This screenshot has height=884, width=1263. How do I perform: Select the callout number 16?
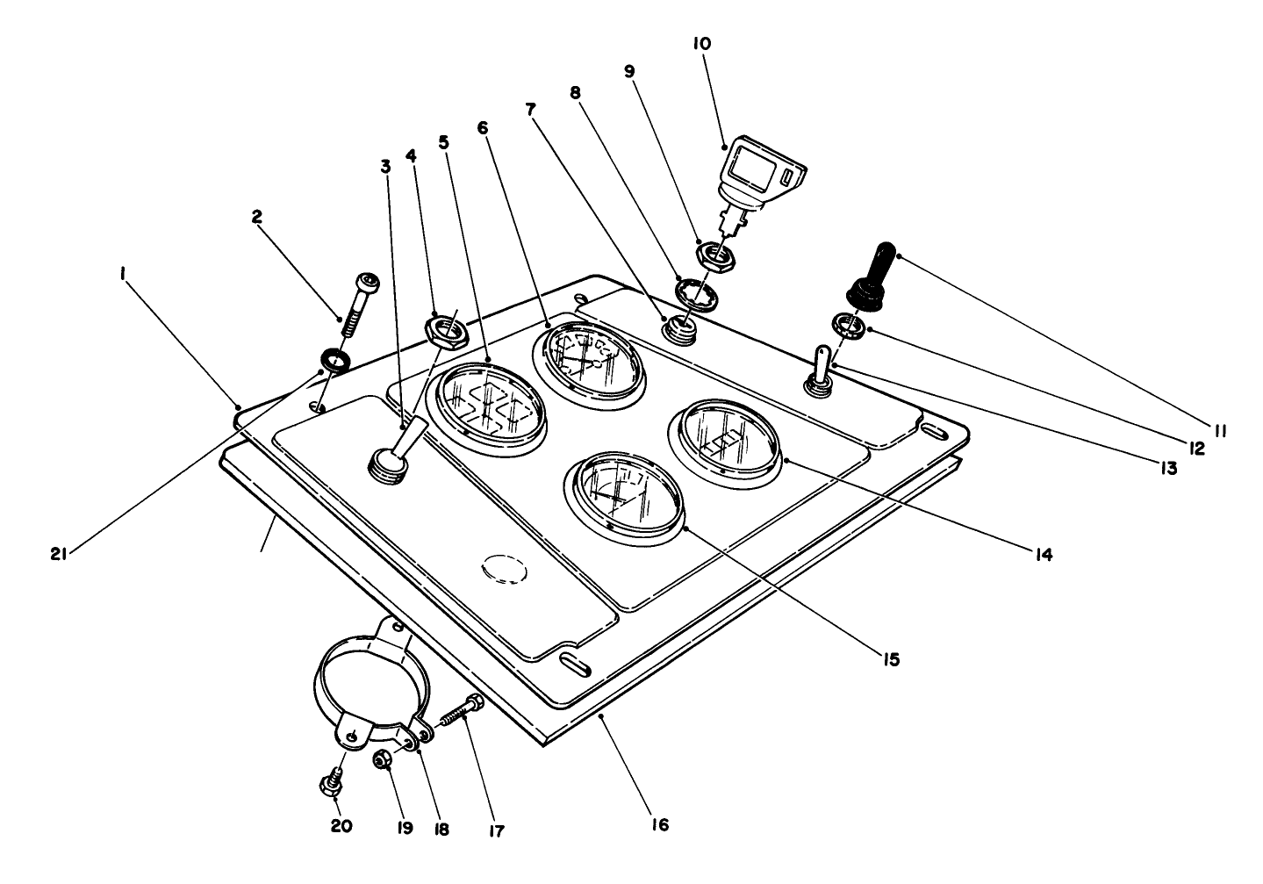pos(660,824)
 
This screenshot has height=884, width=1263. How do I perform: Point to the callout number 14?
pos(1043,554)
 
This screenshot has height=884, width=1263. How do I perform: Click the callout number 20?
pos(341,826)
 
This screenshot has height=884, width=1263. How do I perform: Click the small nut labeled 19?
pos(383,759)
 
